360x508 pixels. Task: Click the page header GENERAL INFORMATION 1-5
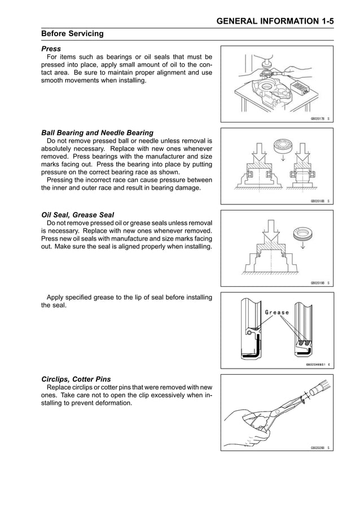pos(275,21)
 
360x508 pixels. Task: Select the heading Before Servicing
pos(73,34)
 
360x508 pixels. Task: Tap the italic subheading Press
pos(51,49)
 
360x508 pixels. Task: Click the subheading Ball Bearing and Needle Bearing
pos(98,133)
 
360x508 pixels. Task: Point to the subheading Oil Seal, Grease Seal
pos(78,215)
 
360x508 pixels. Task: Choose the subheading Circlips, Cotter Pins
pos(76,379)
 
